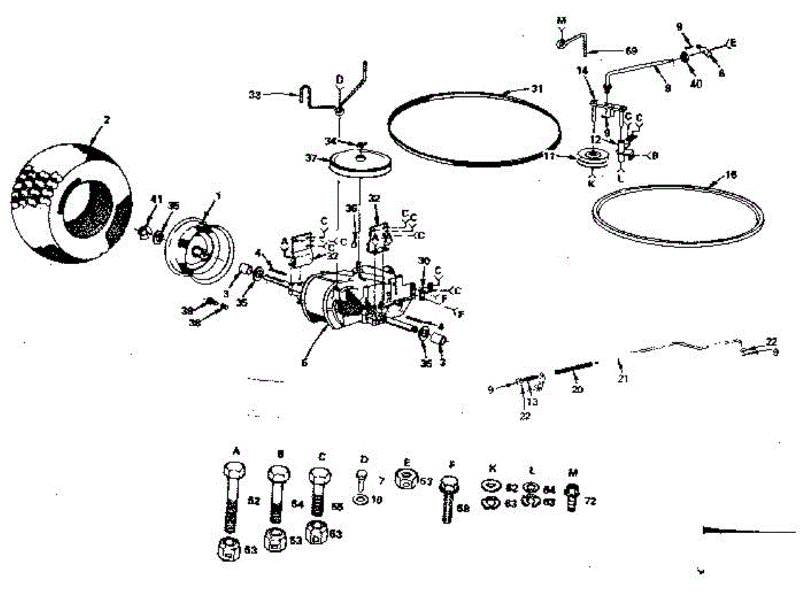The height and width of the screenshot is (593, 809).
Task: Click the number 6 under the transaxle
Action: pos(305,363)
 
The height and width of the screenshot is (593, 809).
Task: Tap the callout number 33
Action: pos(254,95)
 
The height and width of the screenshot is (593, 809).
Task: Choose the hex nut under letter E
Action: pos(407,480)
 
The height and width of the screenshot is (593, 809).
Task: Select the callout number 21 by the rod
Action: pos(622,379)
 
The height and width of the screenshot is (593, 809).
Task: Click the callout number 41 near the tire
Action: pos(157,199)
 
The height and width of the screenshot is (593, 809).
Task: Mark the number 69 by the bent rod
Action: pos(631,50)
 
